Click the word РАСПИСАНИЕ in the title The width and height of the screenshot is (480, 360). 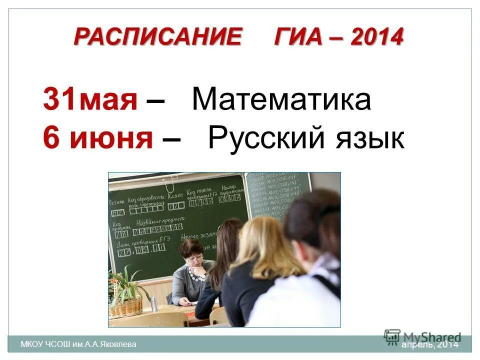click(x=158, y=37)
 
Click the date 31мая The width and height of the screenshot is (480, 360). click(x=90, y=99)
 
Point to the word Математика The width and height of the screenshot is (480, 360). click(x=281, y=99)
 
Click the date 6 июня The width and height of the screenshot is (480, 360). click(x=98, y=138)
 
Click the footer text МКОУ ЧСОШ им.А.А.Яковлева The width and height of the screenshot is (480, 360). click(x=78, y=344)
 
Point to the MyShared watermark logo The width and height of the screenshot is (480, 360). click(x=422, y=336)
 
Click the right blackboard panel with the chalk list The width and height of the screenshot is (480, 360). click(x=276, y=192)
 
